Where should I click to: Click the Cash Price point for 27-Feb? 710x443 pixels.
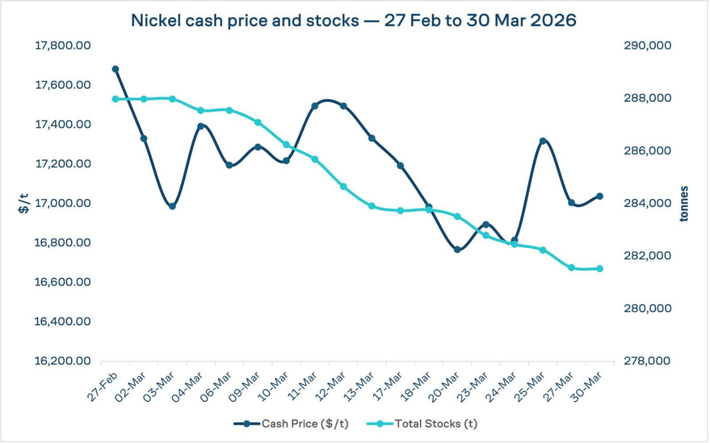pos(116,69)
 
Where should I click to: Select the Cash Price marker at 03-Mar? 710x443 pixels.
pos(173,206)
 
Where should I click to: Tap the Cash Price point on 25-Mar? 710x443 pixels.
pos(543,141)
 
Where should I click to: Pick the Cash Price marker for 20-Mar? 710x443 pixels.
pos(457,250)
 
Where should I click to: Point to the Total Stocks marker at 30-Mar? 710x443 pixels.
pos(599,269)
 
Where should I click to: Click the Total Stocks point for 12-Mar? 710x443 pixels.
pos(343,187)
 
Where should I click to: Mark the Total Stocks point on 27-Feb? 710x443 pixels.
pos(116,99)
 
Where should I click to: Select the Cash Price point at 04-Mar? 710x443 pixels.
pos(201,127)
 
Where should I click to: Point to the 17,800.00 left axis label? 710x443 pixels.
pos(63,46)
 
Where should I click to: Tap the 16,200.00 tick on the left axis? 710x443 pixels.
pos(63,361)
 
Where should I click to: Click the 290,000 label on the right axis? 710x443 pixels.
pos(647,46)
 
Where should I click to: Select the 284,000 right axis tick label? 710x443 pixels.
pos(647,203)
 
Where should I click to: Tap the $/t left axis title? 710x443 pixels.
pos(24,203)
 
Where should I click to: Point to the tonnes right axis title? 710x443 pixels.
pos(684,203)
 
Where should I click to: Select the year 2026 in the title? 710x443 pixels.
pos(554,21)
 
